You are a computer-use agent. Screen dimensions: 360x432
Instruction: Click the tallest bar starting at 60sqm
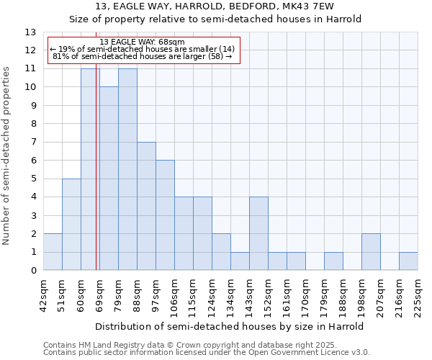[x=90, y=169]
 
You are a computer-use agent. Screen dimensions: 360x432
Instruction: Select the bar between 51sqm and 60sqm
[x=71, y=225]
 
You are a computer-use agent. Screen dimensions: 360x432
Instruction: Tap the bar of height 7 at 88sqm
[x=146, y=206]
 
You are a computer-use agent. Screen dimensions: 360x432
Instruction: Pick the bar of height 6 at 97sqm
[x=165, y=215]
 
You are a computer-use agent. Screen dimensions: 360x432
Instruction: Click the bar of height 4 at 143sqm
[x=258, y=233]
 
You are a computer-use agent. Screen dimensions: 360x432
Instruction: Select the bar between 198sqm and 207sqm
[x=371, y=252]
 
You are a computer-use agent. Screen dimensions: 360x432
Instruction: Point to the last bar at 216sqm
[x=408, y=261]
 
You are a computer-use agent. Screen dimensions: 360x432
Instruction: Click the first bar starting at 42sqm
[x=53, y=252]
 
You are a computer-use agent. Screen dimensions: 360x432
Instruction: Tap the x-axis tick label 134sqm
[x=230, y=293]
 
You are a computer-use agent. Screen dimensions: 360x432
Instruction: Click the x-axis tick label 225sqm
[x=418, y=293]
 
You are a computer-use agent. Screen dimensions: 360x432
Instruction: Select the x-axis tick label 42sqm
[x=43, y=293]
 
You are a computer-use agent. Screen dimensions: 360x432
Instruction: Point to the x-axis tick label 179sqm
[x=324, y=293]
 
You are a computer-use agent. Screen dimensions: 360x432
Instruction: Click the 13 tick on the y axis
[x=30, y=32]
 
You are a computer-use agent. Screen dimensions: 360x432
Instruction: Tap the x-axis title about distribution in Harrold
[x=229, y=326]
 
